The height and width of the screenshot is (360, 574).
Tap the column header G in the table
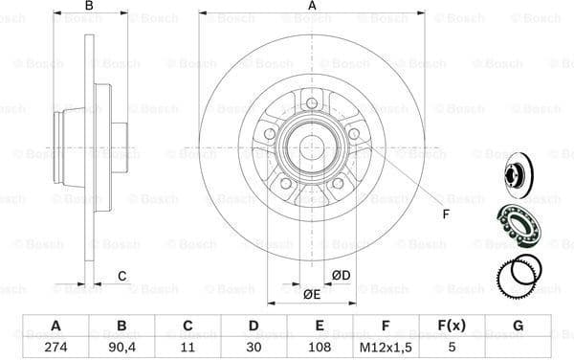[x=518, y=325]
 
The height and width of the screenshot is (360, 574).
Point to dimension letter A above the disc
[x=312, y=7]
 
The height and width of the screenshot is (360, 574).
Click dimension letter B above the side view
[x=89, y=7]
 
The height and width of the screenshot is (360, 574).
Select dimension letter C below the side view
[x=122, y=278]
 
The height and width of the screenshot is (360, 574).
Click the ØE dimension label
[x=311, y=294]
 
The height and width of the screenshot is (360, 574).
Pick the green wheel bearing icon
[x=517, y=225]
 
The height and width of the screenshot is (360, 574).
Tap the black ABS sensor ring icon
[x=517, y=276]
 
